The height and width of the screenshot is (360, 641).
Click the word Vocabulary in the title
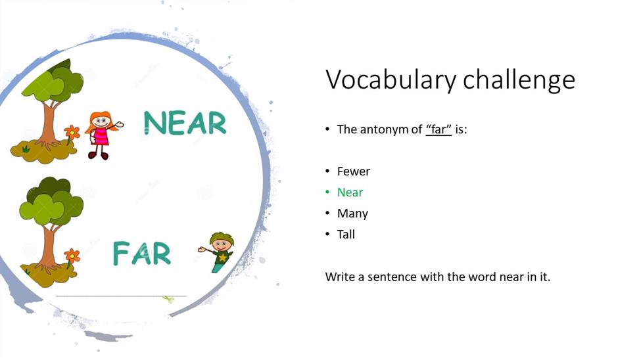[391, 79]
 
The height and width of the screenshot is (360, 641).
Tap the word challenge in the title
[519, 79]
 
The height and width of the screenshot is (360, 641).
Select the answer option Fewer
[353, 171]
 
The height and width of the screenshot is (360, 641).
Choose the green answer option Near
[350, 192]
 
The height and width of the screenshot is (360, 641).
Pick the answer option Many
[352, 214]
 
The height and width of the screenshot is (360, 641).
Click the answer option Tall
[346, 234]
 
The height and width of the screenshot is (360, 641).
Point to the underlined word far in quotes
[439, 129]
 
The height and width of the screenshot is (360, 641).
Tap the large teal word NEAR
[185, 123]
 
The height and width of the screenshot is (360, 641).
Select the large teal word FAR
[141, 254]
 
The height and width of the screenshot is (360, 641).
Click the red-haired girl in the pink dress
[102, 135]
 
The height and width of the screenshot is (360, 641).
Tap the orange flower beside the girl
[72, 133]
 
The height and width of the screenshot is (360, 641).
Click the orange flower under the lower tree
[72, 256]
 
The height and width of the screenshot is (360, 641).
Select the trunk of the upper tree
[48, 125]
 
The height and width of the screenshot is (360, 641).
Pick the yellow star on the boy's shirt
[222, 258]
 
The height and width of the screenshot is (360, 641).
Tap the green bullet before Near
[327, 192]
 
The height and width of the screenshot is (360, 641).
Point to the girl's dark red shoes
[98, 155]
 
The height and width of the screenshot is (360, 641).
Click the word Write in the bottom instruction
[340, 277]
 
